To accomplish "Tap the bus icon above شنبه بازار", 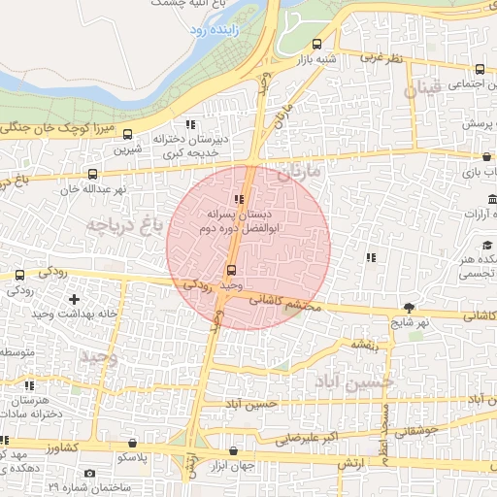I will pyautogui.click(x=317, y=44).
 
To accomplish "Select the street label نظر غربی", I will pyautogui.click(x=381, y=58).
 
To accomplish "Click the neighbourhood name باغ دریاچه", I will pyautogui.click(x=122, y=226).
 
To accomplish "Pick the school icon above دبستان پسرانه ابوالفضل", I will pyautogui.click(x=240, y=200).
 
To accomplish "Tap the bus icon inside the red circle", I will pyautogui.click(x=231, y=271).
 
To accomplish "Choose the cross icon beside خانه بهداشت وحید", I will pyautogui.click(x=74, y=299).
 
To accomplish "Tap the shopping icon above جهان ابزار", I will pyautogui.click(x=233, y=451).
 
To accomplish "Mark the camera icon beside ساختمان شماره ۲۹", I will pyautogui.click(x=90, y=474).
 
